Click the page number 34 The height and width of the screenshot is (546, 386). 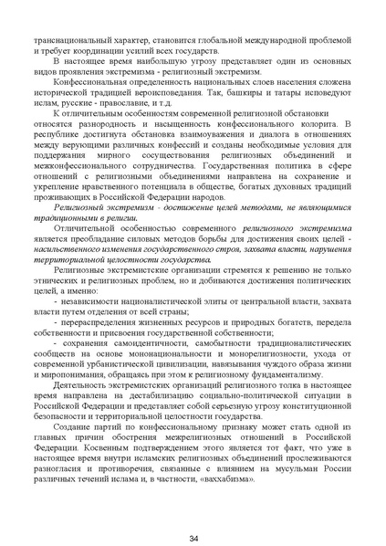(x=193, y=514)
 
